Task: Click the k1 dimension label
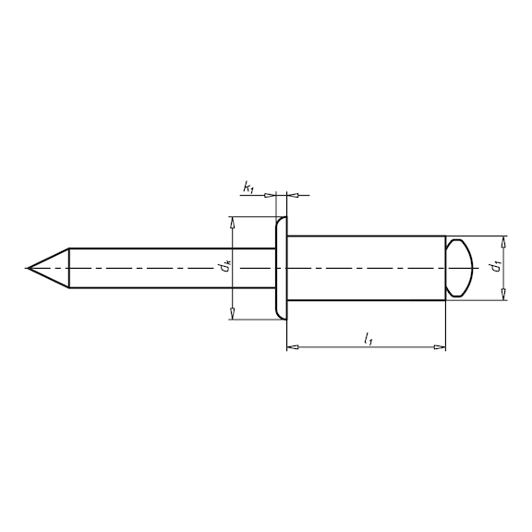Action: tap(248, 187)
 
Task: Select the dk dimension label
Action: tap(225, 267)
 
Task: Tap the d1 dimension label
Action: tap(496, 267)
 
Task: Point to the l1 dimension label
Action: tap(369, 339)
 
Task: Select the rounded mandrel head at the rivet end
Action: tap(459, 268)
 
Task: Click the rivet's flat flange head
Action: tap(282, 268)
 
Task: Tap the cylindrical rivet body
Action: tap(366, 268)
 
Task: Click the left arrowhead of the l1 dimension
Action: tap(293, 347)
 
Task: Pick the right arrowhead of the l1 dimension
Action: tap(440, 347)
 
